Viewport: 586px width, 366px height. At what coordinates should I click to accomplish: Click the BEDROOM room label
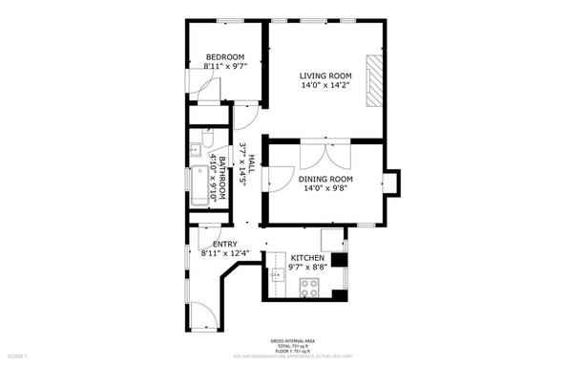[x=225, y=56]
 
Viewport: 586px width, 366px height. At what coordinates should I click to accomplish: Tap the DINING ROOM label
[x=327, y=179]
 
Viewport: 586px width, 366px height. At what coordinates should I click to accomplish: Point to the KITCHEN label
[x=307, y=259]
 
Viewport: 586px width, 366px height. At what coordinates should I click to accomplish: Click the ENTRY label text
[x=225, y=245]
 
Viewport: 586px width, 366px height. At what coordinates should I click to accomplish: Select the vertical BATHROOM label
[x=222, y=178]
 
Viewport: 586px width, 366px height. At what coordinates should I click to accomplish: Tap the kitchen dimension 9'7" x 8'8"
[x=307, y=269]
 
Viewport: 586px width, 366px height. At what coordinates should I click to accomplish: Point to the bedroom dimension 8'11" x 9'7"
[x=225, y=66]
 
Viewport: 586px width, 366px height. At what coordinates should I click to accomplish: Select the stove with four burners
[x=311, y=287]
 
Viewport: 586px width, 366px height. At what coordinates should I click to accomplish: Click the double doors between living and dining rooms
[x=316, y=154]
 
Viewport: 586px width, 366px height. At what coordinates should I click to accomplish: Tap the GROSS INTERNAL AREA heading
[x=293, y=341]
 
